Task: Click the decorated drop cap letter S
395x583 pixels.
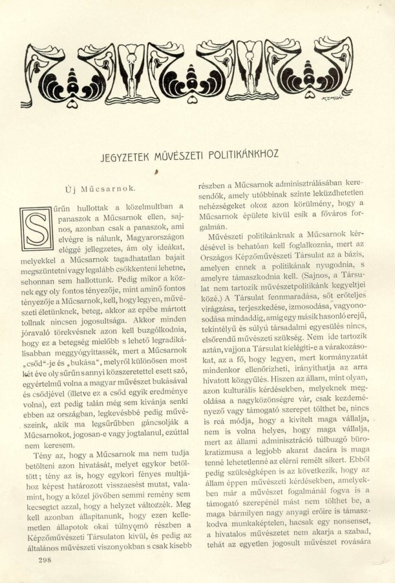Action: pos(35,228)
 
